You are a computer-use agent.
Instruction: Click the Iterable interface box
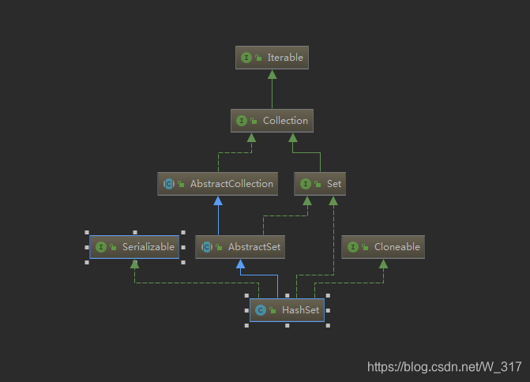tap(272, 58)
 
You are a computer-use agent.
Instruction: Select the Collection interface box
tap(272, 121)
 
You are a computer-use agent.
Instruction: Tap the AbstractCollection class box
tap(218, 184)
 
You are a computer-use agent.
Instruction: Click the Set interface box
tap(320, 184)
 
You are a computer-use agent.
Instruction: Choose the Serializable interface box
tap(134, 247)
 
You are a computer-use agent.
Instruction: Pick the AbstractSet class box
tap(239, 247)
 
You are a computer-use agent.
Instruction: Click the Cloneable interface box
tap(383, 247)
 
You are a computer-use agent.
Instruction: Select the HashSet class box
tap(287, 310)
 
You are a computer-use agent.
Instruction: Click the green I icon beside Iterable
tap(246, 58)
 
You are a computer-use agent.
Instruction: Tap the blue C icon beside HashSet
tap(261, 310)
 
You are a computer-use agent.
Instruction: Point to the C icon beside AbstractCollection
tap(169, 184)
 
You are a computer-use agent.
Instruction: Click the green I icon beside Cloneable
tap(352, 247)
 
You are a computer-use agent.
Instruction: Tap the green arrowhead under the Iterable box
tap(272, 74)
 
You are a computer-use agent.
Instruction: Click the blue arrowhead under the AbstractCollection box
tap(218, 200)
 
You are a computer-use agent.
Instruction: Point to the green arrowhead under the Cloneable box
tap(383, 264)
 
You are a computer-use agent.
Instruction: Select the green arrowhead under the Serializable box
tap(134, 264)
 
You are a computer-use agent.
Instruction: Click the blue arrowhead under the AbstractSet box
tap(239, 264)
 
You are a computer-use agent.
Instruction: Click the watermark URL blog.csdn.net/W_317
tap(445, 367)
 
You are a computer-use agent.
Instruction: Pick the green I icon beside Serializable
tap(101, 247)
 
